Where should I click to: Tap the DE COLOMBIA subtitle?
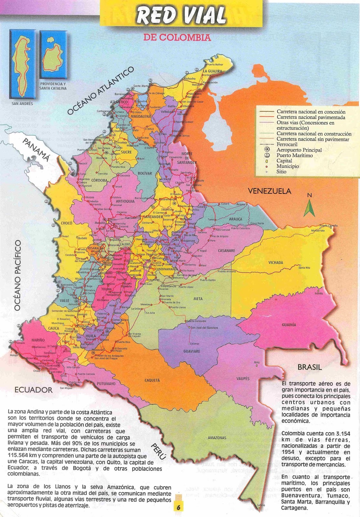pos(177,37)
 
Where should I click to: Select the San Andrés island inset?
pos(22,65)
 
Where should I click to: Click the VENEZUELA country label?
pos(270,191)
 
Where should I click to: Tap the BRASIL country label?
pos(310,367)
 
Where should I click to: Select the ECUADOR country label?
pos(33,390)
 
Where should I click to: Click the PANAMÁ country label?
pos(37,150)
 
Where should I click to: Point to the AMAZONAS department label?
pos(217,438)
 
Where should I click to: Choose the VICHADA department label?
pos(276,262)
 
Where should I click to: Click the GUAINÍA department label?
pos(289,325)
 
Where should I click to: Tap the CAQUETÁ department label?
pos(152,380)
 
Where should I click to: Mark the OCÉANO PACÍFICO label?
pos(17,275)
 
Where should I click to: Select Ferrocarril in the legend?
pos(287,144)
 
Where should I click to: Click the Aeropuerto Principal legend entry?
pos(299,150)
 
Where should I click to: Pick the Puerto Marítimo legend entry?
pos(294,155)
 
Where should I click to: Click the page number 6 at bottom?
pos(178,507)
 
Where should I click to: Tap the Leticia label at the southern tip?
pos(261,505)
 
